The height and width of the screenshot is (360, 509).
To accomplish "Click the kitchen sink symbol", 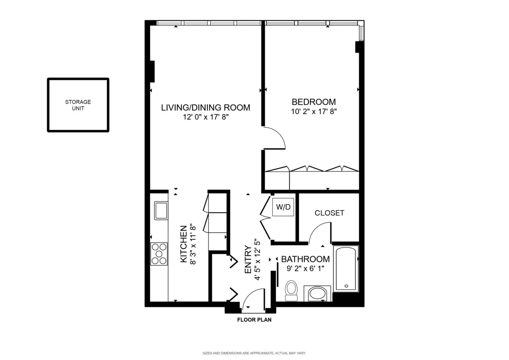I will tap(161, 211).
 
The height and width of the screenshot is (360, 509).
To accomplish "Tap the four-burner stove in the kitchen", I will tap(159, 253).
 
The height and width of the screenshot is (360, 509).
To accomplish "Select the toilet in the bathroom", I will tap(291, 290).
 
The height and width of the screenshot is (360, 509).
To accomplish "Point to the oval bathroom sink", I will tap(317, 293).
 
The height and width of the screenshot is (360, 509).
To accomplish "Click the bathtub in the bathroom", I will tap(346, 269).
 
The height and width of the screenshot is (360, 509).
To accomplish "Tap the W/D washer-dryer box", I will tap(283, 207).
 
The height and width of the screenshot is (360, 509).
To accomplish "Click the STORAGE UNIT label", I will tap(78, 105).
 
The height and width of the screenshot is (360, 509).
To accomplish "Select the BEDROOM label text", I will tap(313, 102).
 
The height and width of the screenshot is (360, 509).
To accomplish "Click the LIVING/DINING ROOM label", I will tap(205, 107).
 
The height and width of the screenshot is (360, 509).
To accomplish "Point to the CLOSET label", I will tap(329, 213).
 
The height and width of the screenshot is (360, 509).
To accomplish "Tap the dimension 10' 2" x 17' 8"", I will tap(313, 112).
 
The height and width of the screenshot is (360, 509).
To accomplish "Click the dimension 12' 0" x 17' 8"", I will tap(205, 117).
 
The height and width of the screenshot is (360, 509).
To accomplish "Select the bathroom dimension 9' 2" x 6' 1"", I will tap(305, 268).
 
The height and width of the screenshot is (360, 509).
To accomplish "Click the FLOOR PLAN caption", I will tap(254, 320).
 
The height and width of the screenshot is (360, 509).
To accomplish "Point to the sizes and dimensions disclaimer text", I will tap(254, 353).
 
